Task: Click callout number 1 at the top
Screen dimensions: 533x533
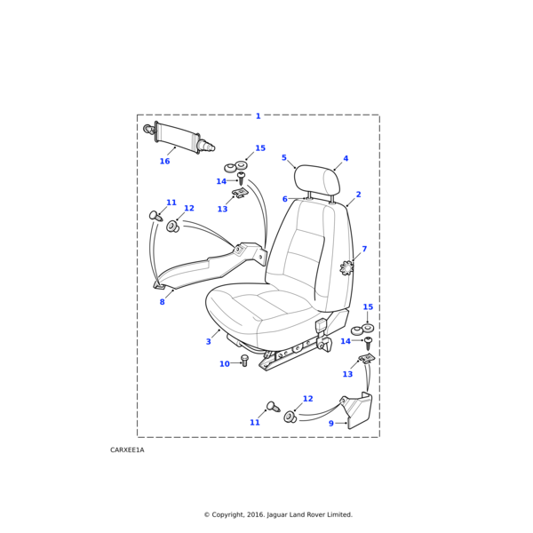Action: (x=259, y=116)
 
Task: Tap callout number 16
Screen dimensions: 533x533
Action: (x=164, y=162)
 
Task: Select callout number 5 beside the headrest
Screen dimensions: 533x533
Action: (x=284, y=158)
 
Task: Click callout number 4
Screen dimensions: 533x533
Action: (x=346, y=159)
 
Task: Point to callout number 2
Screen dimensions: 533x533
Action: (x=358, y=195)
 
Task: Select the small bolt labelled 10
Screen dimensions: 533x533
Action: (x=244, y=361)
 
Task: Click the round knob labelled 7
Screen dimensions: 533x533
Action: (x=347, y=266)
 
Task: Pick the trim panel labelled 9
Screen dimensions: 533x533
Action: (x=359, y=410)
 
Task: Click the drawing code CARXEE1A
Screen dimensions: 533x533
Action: (x=127, y=450)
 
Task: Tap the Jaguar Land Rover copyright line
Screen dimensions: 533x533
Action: (x=278, y=514)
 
